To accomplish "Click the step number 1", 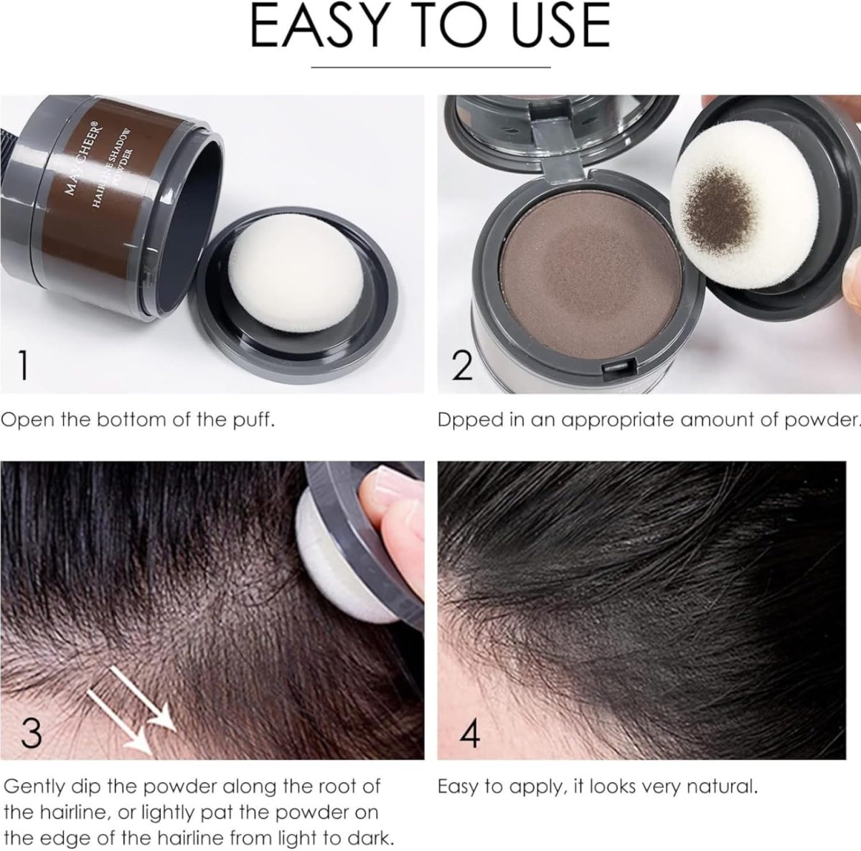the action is [23, 365].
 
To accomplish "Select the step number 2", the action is [463, 365].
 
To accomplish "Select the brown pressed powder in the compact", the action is [591, 268].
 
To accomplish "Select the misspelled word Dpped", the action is [470, 420].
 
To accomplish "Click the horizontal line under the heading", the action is [430, 67].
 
